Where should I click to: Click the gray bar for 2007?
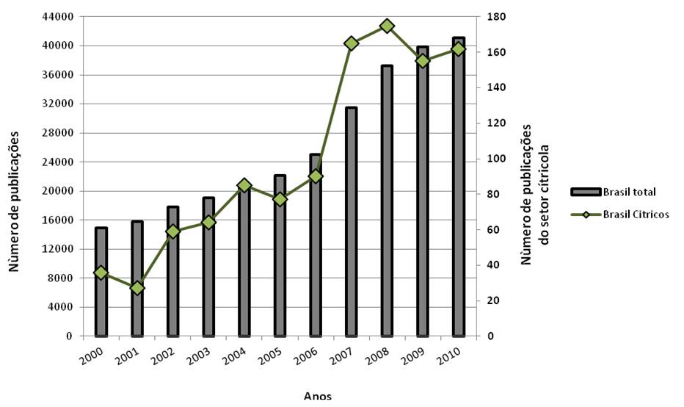click(351, 220)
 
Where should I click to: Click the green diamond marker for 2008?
click(387, 26)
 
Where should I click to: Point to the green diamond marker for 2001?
click(137, 288)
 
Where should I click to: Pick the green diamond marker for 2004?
click(244, 185)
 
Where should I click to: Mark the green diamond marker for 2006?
click(316, 176)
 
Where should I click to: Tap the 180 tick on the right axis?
click(488, 16)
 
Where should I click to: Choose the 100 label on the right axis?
click(488, 159)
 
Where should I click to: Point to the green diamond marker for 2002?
click(173, 231)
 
